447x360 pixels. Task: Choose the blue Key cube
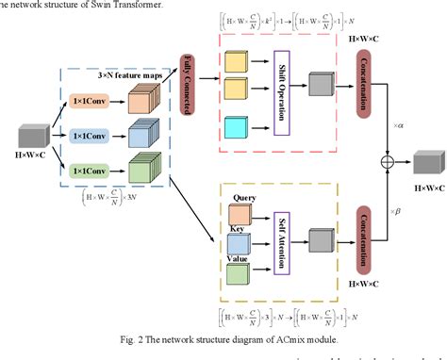(239, 242)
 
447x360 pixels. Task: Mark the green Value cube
(239, 274)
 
